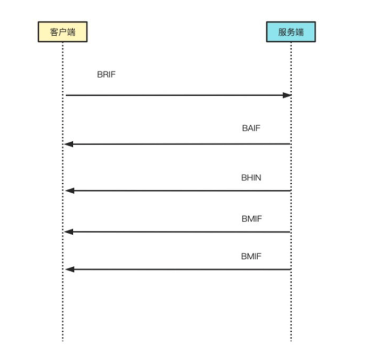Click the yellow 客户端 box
point(63,32)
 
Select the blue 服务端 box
point(291,32)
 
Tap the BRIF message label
point(106,74)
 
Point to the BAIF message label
point(251,128)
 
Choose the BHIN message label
point(251,177)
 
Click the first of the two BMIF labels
point(251,219)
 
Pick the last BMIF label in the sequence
point(251,257)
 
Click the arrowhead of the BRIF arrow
point(286,95)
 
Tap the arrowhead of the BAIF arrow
point(69,144)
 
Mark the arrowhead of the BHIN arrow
point(69,190)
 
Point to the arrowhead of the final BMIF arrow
point(69,269)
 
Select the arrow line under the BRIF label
point(169,95)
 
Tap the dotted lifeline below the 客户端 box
point(63,305)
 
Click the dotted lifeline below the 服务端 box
point(291,305)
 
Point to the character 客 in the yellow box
point(53,32)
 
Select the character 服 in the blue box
point(281,32)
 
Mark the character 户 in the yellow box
point(62,32)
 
